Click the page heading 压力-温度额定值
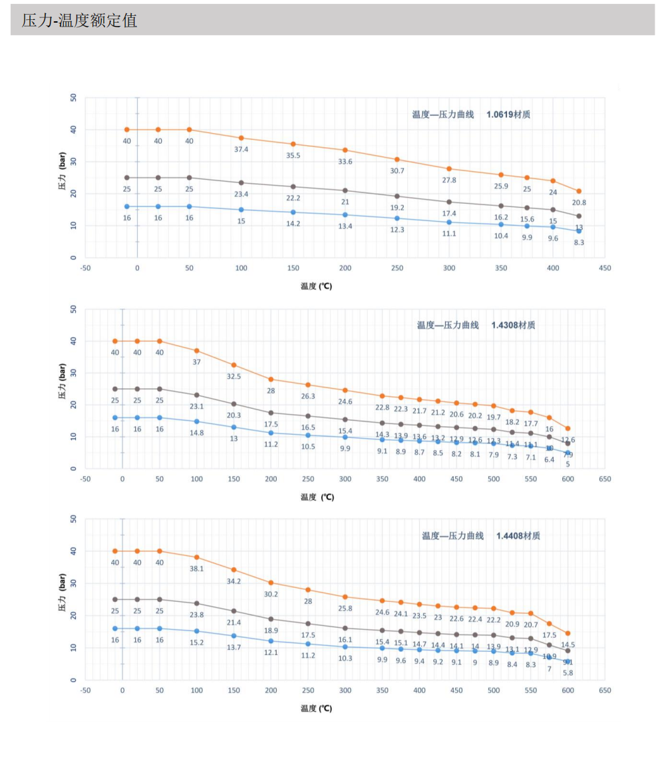79,21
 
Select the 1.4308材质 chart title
476,325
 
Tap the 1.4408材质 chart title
480,535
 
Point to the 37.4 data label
241,149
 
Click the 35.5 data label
293,155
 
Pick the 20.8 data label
578,202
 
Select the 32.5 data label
234,376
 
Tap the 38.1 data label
196,569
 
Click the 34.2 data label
234,581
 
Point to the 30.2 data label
271,594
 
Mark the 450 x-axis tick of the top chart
604,268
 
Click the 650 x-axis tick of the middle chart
604,479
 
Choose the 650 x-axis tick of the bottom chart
604,690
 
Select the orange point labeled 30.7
397,159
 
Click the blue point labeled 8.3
579,231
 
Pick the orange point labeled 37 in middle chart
196,350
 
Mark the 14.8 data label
196,432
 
